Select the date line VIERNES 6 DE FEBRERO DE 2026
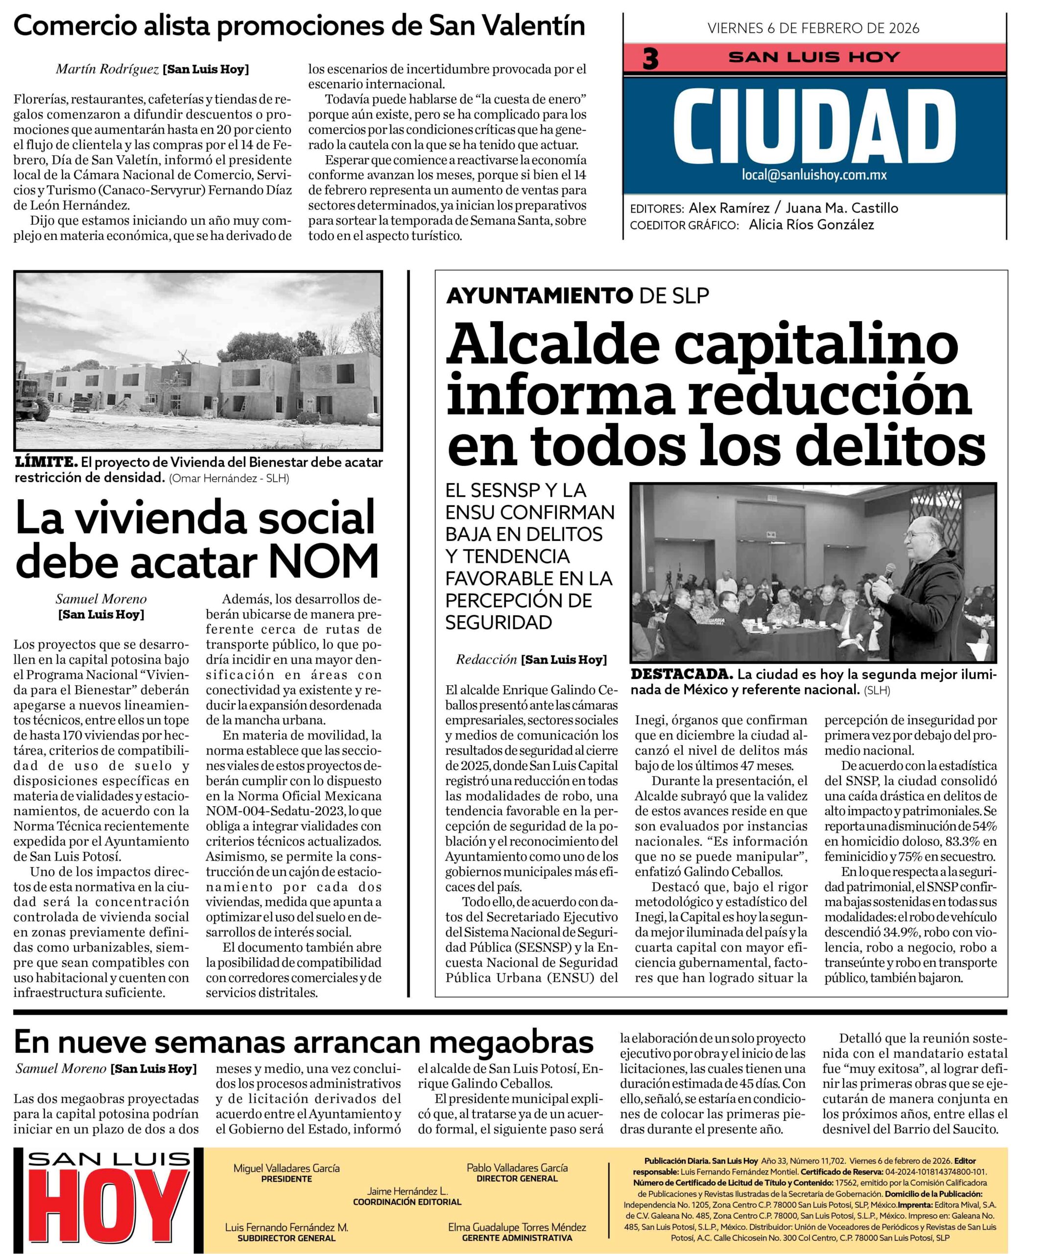click(813, 27)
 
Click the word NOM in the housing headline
click(324, 561)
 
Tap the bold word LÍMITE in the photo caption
click(46, 462)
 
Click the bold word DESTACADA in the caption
click(681, 674)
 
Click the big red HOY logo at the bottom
click(107, 1208)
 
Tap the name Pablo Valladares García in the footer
click(517, 1167)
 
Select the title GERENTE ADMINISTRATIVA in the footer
click(517, 1237)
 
